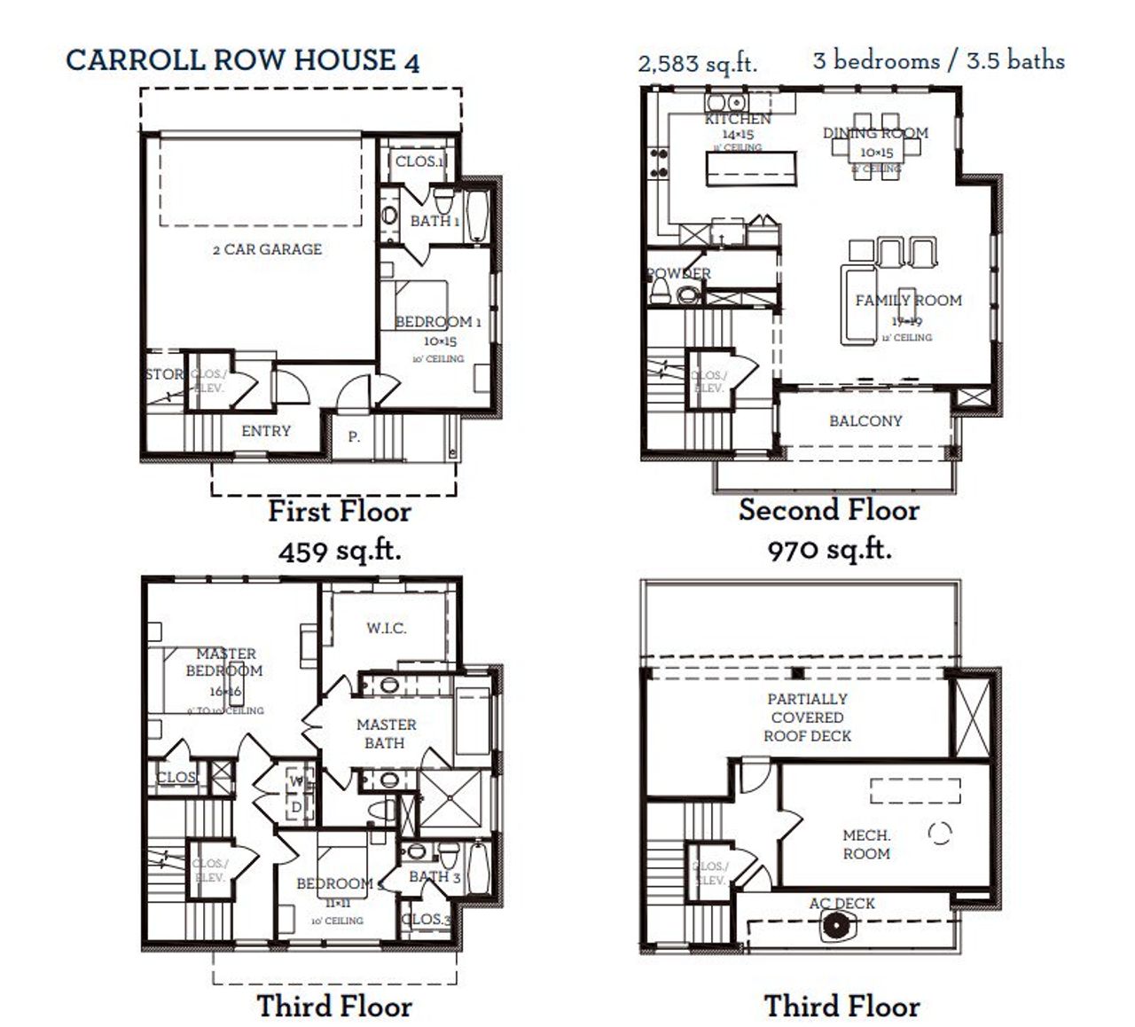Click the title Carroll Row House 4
coord(242,60)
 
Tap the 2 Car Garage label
coord(267,249)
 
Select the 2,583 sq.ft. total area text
coord(697,63)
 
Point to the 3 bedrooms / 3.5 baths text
coord(938,60)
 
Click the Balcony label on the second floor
coord(865,420)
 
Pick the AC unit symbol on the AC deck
coord(835,928)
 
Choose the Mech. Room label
coord(866,844)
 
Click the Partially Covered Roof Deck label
coord(807,717)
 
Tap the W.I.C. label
coord(387,628)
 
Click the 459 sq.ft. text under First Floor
coord(340,551)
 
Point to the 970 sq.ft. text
coord(829,550)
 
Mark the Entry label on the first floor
coord(266,430)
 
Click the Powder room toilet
coord(661,289)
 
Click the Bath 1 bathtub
coord(475,215)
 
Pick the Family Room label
coord(908,300)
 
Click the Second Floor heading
coord(828,510)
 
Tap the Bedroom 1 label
coord(437,321)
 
